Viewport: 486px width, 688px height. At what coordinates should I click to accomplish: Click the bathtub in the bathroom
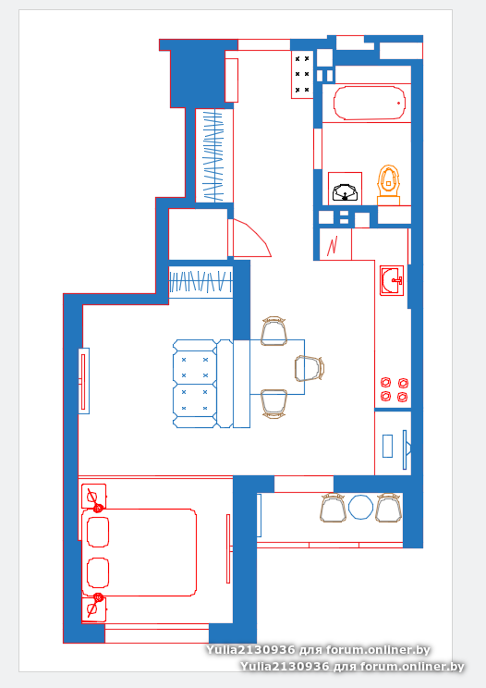[x=369, y=104]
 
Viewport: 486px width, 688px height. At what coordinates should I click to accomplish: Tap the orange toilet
[x=388, y=185]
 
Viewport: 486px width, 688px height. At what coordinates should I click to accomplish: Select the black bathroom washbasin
[x=345, y=192]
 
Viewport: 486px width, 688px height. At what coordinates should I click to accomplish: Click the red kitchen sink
[x=392, y=280]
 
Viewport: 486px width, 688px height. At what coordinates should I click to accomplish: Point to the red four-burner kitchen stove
[x=394, y=389]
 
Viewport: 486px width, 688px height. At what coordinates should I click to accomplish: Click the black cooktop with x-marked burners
[x=302, y=74]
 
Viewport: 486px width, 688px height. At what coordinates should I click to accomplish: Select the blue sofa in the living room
[x=202, y=384]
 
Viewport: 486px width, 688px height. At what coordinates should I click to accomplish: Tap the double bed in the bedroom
[x=139, y=552]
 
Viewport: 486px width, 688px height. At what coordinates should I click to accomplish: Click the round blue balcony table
[x=360, y=508]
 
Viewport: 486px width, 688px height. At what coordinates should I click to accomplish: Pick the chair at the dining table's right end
[x=310, y=368]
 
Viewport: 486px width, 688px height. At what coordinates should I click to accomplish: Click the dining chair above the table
[x=273, y=330]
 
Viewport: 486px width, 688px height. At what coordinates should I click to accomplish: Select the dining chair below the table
[x=273, y=403]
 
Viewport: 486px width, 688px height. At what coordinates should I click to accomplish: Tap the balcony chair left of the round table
[x=333, y=508]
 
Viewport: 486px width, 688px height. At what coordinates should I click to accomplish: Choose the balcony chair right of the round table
[x=388, y=508]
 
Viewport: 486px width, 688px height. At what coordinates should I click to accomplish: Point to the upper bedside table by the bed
[x=94, y=497]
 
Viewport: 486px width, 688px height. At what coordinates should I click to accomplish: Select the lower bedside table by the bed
[x=94, y=609]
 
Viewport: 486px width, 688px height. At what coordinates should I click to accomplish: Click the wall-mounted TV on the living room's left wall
[x=84, y=381]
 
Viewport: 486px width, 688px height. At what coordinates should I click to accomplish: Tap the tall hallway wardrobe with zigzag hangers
[x=214, y=155]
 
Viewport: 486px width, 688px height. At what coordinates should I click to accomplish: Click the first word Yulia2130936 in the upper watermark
[x=250, y=649]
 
